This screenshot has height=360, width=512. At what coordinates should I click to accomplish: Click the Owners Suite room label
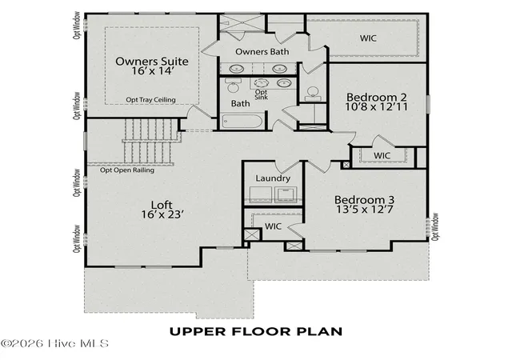click(152, 61)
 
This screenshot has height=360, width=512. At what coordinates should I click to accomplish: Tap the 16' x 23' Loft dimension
click(162, 214)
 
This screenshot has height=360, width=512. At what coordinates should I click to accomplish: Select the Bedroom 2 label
click(377, 97)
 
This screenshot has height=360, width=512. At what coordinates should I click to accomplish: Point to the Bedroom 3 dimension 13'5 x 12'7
click(365, 210)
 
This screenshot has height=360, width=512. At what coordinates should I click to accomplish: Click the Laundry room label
click(273, 178)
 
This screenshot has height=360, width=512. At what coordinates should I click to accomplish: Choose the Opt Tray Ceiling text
click(150, 100)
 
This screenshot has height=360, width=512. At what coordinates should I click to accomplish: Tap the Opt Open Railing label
click(127, 170)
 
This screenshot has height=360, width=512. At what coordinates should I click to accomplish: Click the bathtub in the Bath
click(242, 121)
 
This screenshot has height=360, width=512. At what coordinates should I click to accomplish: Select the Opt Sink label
click(262, 94)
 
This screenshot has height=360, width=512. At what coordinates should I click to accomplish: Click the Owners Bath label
click(262, 52)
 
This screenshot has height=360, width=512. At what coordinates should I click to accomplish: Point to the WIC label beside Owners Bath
click(368, 38)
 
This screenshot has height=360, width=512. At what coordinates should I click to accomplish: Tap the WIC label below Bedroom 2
click(382, 155)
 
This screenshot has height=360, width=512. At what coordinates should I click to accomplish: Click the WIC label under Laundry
click(273, 226)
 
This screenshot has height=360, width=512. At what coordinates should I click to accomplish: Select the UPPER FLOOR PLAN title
click(256, 331)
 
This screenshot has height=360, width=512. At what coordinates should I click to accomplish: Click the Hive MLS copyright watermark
click(54, 344)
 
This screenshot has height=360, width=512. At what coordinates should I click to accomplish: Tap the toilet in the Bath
click(233, 85)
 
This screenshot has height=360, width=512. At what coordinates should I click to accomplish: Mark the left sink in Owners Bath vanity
click(235, 69)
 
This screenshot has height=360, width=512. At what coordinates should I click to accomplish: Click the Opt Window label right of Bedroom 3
click(434, 227)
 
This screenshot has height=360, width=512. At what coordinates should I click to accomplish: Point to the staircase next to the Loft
click(149, 141)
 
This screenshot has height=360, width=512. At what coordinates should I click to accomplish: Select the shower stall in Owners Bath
click(242, 22)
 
